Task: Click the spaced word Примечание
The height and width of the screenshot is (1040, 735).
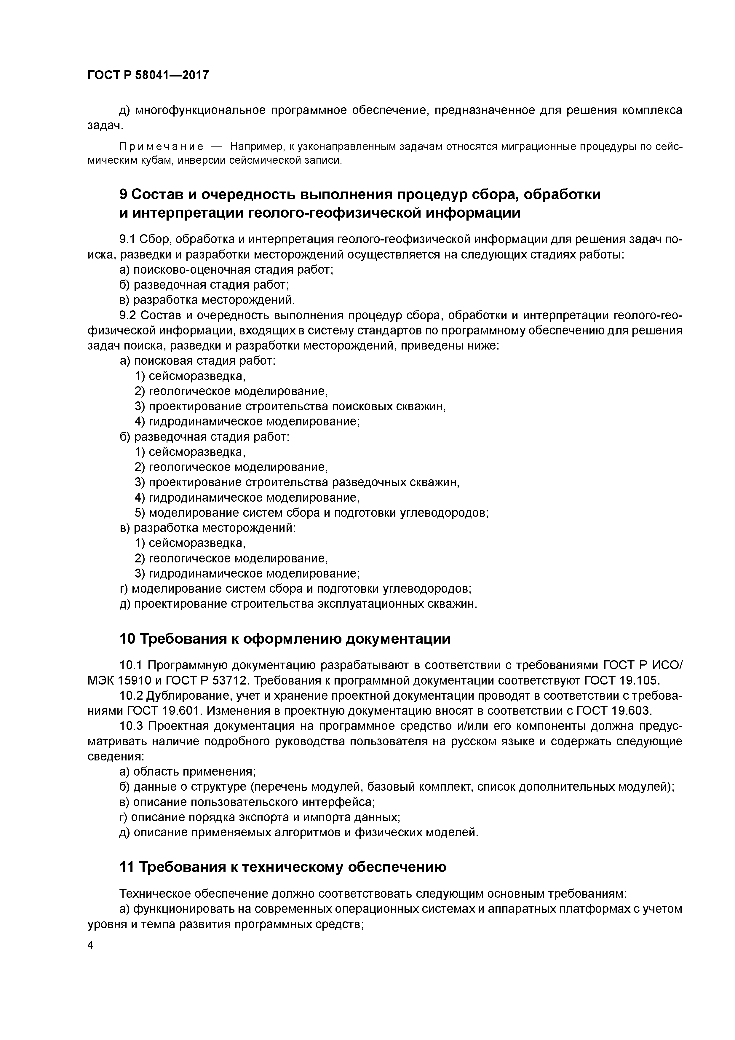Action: [161, 146]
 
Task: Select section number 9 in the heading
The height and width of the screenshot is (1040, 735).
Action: [123, 194]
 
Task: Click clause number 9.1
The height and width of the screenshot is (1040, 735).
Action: [127, 239]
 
